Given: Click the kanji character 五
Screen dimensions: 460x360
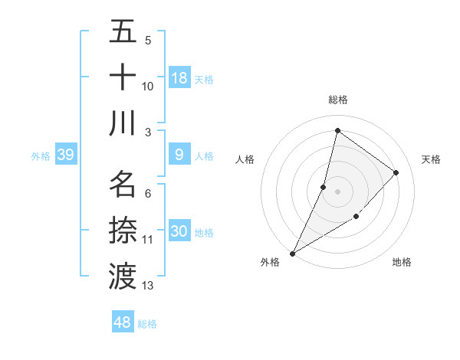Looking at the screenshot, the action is coord(123,32).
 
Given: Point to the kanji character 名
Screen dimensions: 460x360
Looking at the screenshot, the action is coord(123,185).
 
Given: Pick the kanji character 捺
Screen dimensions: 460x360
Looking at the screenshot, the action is coord(123,230).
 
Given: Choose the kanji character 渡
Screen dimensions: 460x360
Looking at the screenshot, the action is coord(123,275).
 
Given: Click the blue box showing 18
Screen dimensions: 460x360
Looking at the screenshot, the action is coord(179,78).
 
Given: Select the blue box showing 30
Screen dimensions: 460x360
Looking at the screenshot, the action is coord(179,231).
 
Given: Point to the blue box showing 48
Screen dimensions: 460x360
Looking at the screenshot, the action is coord(122,322).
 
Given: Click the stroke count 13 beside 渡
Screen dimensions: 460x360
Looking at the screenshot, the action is coord(148,286).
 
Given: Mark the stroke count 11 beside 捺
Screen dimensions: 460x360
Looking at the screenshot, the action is coord(148,240).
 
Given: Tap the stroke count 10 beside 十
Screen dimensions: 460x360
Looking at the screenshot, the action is coord(148,86).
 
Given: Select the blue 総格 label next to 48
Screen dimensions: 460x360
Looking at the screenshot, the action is coord(147,324).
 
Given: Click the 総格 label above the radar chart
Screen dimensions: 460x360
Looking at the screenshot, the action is coord(338,100).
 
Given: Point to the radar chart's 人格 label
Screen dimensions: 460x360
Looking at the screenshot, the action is coord(245,159).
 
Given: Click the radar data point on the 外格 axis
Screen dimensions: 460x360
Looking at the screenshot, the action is coord(292,253).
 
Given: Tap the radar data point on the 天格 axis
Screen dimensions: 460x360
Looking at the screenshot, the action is coord(396,172).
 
